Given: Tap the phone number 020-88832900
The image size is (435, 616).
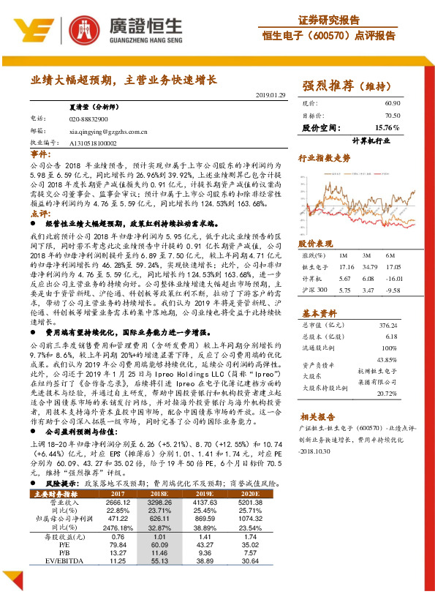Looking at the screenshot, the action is (88, 119).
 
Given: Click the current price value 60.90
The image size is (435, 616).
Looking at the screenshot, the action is (393, 104).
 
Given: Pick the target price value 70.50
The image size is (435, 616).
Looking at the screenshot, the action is (393, 116).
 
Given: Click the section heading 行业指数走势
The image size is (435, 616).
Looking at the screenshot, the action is (324, 157).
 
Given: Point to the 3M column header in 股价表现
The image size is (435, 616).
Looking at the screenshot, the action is (367, 254).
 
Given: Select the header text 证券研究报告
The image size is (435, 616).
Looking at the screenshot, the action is (329, 20).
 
